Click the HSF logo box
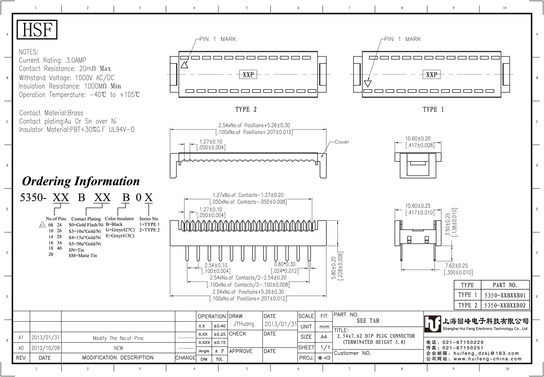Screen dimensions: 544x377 pyautogui.click(x=37, y=29)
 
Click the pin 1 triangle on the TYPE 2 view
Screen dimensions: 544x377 pyautogui.click(x=185, y=65)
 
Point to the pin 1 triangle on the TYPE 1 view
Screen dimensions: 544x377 pyautogui.click(x=368, y=83)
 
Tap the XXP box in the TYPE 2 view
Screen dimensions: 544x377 pyautogui.click(x=248, y=74)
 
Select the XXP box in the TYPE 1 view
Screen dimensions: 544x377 pyautogui.click(x=432, y=74)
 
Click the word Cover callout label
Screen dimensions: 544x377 pyautogui.click(x=342, y=142)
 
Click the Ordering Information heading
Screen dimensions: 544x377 pyautogui.click(x=81, y=181)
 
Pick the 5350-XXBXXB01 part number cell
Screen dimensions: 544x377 pyautogui.click(x=505, y=295)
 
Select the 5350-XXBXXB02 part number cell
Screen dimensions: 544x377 pyautogui.click(x=505, y=305)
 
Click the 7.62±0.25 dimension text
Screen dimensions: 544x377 pyautogui.click(x=457, y=266)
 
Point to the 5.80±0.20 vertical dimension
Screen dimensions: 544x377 pyautogui.click(x=334, y=268)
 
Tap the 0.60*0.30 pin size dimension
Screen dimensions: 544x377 pyautogui.click(x=285, y=264)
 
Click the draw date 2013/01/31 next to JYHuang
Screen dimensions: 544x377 pyautogui.click(x=281, y=324)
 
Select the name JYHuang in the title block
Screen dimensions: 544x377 pyautogui.click(x=244, y=324)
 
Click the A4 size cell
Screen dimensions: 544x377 pyautogui.click(x=324, y=337)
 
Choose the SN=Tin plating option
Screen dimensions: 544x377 pyautogui.click(x=76, y=250)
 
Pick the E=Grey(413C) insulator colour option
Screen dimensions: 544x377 pyautogui.click(x=120, y=236)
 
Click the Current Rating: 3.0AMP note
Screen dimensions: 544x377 pyautogui.click(x=53, y=60)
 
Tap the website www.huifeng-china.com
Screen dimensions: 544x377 pyautogui.click(x=487, y=359)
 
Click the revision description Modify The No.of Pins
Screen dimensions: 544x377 pyautogui.click(x=118, y=338)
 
